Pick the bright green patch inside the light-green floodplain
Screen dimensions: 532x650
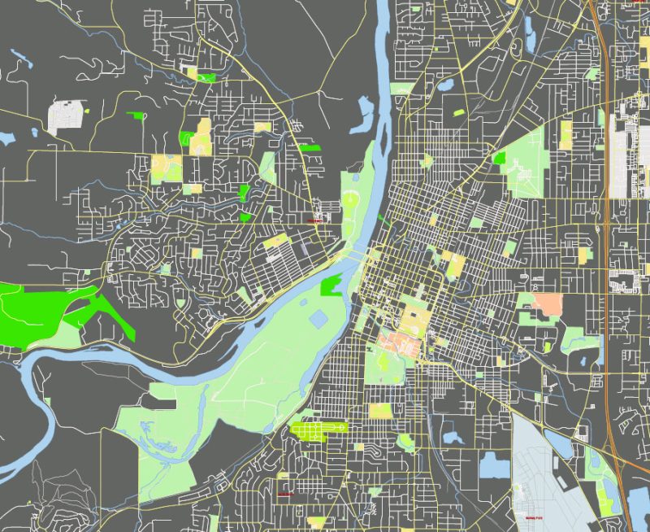coord(331,286)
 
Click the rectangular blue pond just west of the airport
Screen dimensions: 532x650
coord(492,465)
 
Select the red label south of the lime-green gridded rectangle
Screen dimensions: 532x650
coord(284,494)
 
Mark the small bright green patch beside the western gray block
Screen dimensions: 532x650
coord(136,116)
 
